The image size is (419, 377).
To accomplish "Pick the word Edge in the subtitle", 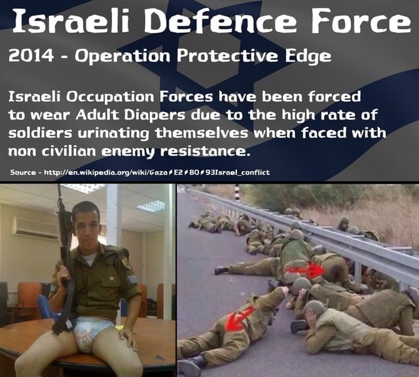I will click(306, 56).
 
